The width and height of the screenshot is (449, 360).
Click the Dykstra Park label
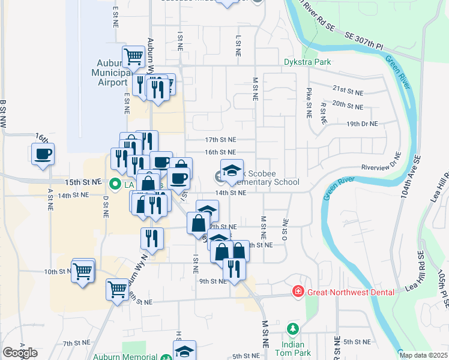click(307, 62)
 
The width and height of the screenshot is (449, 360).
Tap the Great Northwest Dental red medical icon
click(297, 292)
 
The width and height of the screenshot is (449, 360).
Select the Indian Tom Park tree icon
click(292, 329)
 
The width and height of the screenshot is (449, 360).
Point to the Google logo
click(19, 353)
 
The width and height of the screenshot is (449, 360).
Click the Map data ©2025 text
click(423, 355)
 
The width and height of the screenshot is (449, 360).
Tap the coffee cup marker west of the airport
click(43, 154)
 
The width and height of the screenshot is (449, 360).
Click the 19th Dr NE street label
click(363, 124)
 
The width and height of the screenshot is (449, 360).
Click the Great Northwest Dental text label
click(351, 292)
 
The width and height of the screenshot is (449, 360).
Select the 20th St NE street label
click(348, 106)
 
